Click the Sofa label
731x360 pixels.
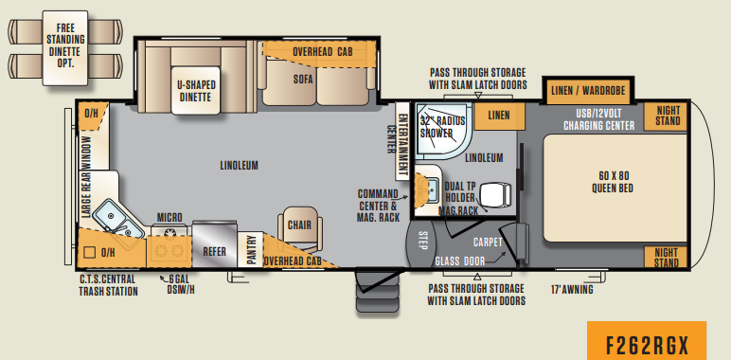point(303,80)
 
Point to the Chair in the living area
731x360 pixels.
point(299,226)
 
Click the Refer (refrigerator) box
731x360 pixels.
point(214,252)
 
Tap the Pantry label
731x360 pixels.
point(251,251)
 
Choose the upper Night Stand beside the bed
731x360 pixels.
point(669,116)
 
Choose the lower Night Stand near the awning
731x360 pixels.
point(668,257)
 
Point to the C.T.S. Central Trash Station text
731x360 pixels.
point(107,285)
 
